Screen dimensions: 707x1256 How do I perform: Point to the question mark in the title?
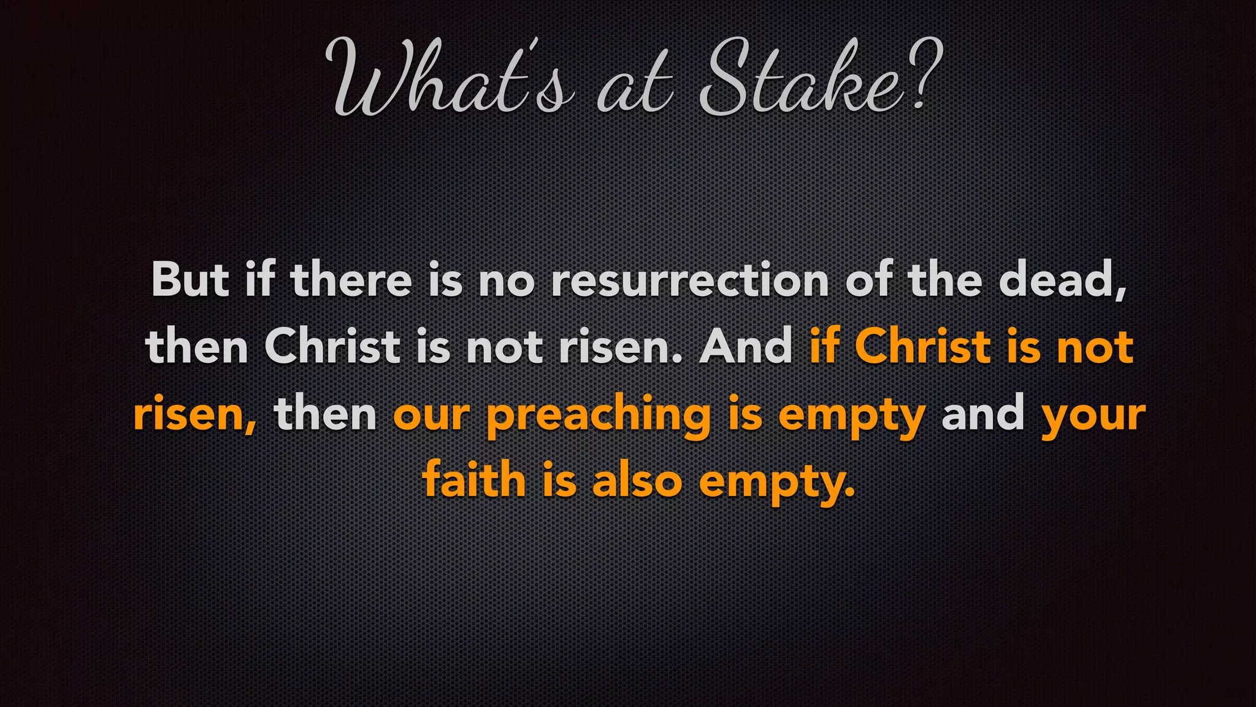[x=923, y=74]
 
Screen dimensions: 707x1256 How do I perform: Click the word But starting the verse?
[x=190, y=280]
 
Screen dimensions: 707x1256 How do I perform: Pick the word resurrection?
[x=689, y=280]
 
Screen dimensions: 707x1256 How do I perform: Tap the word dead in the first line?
[x=1061, y=280]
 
